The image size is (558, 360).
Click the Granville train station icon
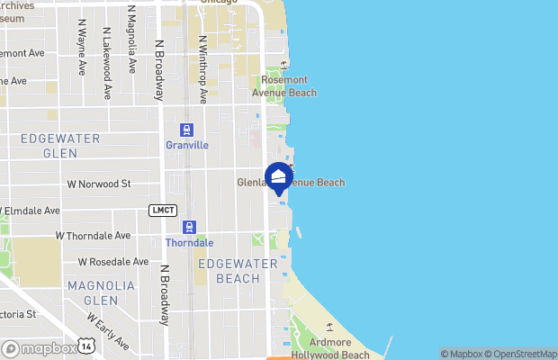[187, 130]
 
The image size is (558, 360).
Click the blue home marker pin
[279, 177]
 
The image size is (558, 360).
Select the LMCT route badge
[162, 210]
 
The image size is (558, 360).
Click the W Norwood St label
[99, 184]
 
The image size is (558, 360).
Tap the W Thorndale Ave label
[93, 235]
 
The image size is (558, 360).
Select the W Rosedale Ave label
[112, 262]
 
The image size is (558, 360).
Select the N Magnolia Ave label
[132, 40]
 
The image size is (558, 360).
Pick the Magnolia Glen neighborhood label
[100, 292]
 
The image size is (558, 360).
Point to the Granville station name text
[187, 144]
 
